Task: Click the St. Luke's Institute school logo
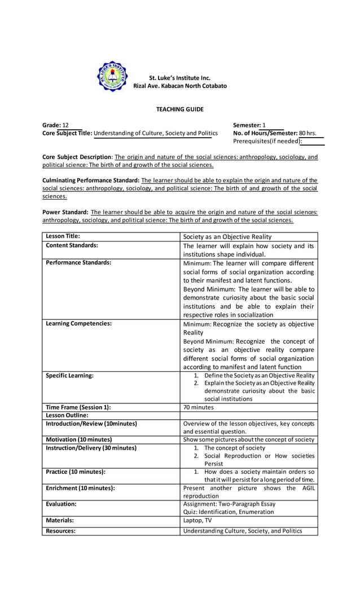[x=113, y=76]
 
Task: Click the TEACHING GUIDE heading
[x=180, y=109]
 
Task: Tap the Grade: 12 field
[x=55, y=125]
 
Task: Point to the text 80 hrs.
[x=308, y=133]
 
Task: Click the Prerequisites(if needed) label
[x=267, y=141]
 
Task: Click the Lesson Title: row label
[x=63, y=236]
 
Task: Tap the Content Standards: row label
[x=72, y=245]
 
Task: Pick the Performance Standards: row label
[x=78, y=262]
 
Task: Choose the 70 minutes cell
[x=199, y=407]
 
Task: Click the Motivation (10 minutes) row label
[x=78, y=440]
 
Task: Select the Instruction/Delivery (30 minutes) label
[x=91, y=448]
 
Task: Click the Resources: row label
[x=60, y=531]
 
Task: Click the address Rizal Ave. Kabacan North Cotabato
[x=180, y=86]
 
